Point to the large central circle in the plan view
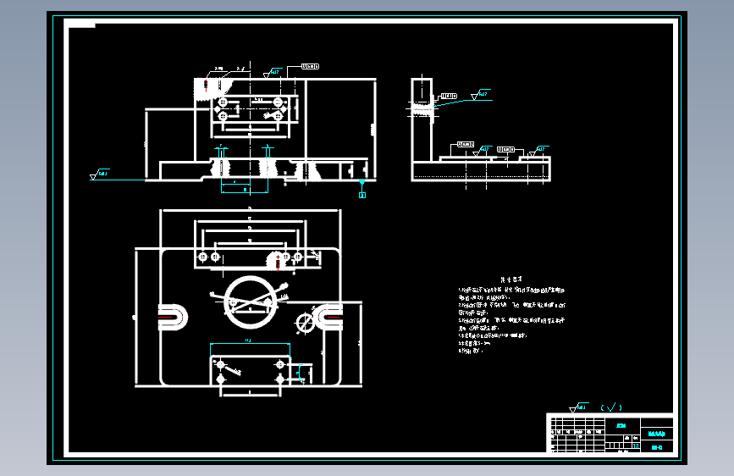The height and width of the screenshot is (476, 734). click(247, 301)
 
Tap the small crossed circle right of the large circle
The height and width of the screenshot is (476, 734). click(305, 323)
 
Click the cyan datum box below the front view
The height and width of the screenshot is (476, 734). click(362, 195)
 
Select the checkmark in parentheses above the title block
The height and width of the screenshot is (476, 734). click(610, 407)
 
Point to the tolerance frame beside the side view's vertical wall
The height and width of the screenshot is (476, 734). click(447, 95)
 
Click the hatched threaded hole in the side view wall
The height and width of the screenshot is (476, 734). click(419, 108)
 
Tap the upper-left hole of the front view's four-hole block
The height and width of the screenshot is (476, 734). click(223, 101)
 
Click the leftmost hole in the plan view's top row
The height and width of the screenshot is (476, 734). click(201, 257)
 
